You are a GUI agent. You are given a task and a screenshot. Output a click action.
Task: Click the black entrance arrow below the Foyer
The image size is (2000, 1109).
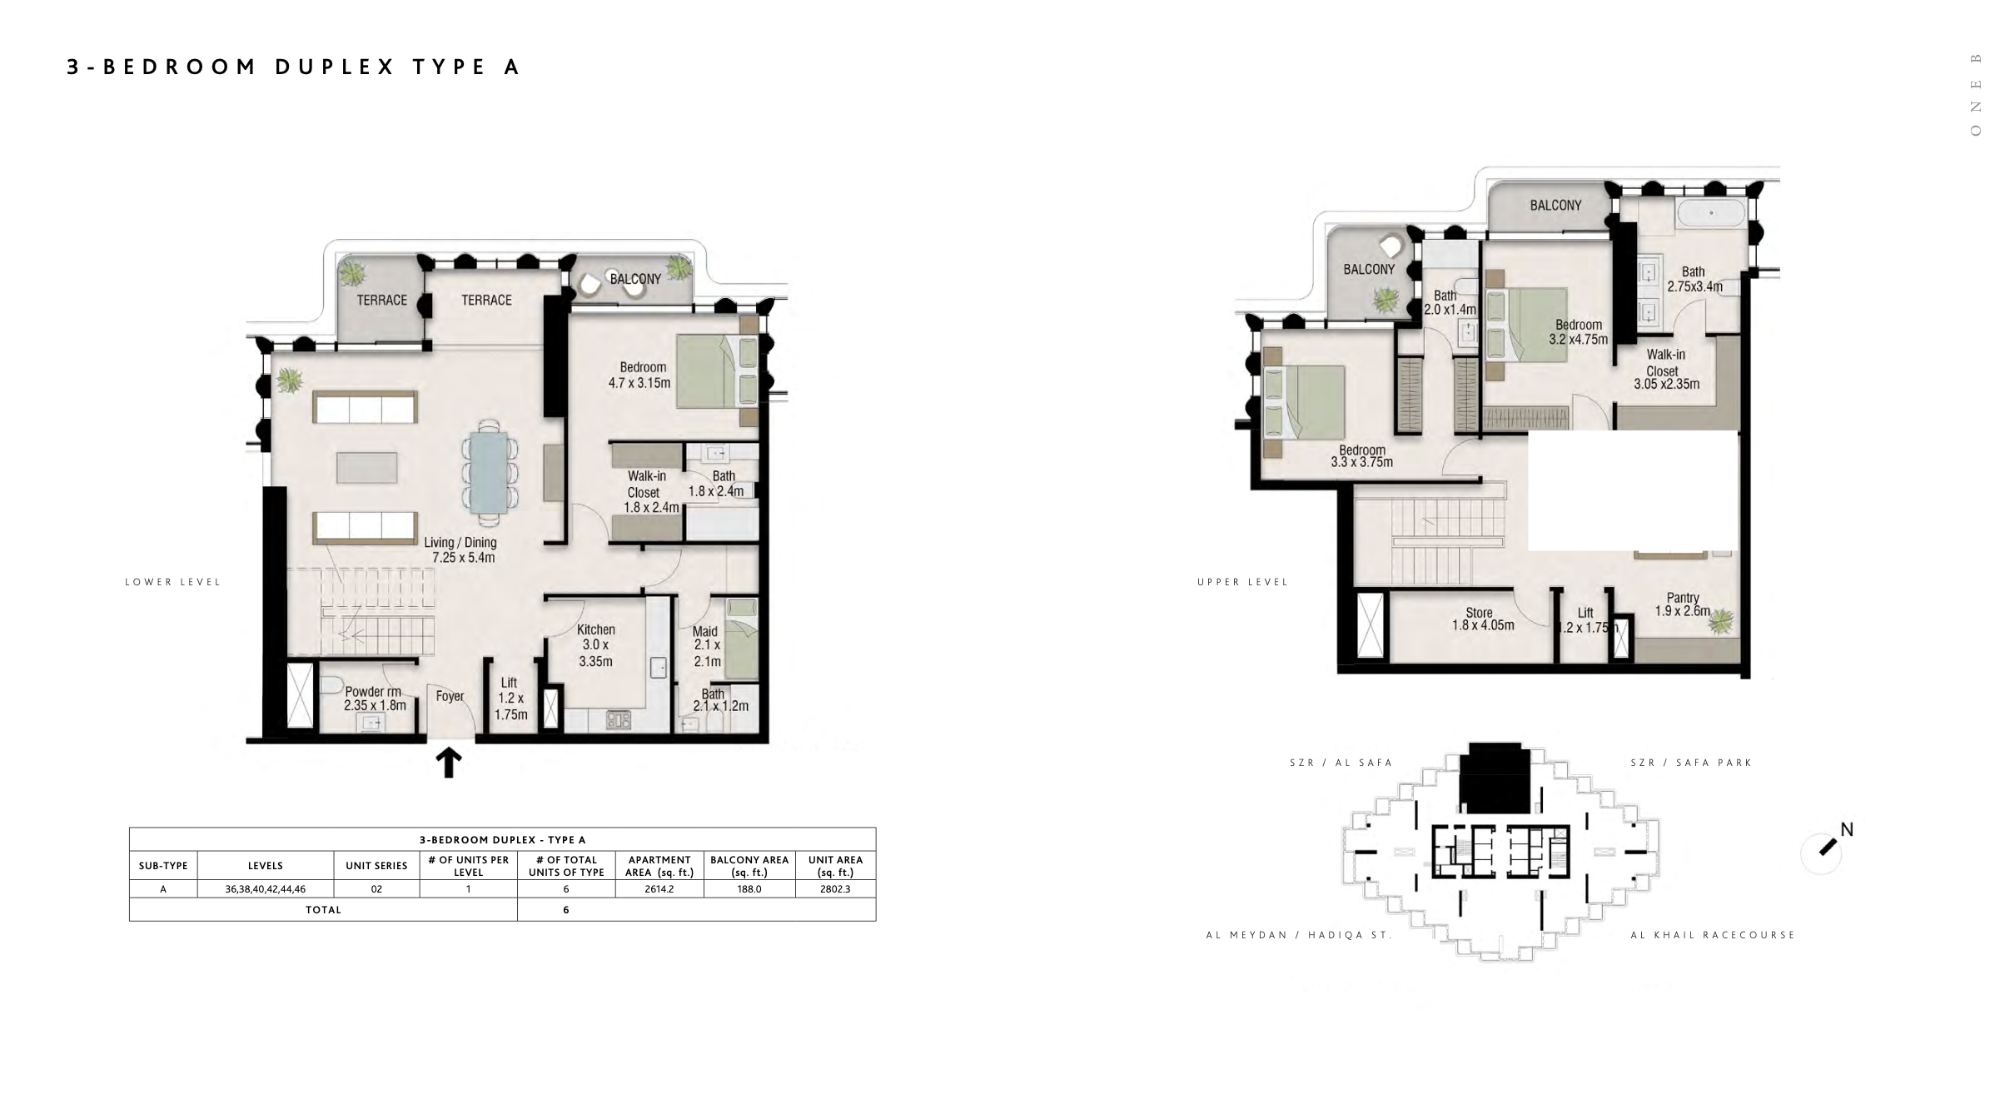[x=449, y=762]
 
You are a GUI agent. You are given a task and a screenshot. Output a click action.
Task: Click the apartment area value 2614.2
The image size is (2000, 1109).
[x=659, y=889]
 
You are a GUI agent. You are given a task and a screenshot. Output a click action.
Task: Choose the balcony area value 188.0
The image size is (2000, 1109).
[x=749, y=889]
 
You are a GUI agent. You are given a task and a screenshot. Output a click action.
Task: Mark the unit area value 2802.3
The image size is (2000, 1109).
[x=835, y=889]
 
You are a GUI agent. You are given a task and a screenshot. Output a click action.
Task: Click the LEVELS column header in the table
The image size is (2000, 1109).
[x=266, y=866]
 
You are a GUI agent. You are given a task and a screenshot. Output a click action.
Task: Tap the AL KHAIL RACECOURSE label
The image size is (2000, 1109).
[x=1713, y=935]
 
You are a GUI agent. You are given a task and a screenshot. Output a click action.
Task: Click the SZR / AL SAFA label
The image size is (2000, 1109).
[x=1341, y=763]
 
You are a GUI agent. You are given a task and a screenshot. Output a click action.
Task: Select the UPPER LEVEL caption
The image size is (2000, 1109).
[x=1243, y=582]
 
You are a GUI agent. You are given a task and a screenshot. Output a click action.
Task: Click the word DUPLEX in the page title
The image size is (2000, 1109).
[x=336, y=67]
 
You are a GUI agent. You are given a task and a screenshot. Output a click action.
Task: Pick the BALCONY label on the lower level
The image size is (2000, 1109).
[x=635, y=279]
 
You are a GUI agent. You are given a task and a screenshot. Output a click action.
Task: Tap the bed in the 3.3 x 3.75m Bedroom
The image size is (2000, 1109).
[x=1304, y=403]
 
